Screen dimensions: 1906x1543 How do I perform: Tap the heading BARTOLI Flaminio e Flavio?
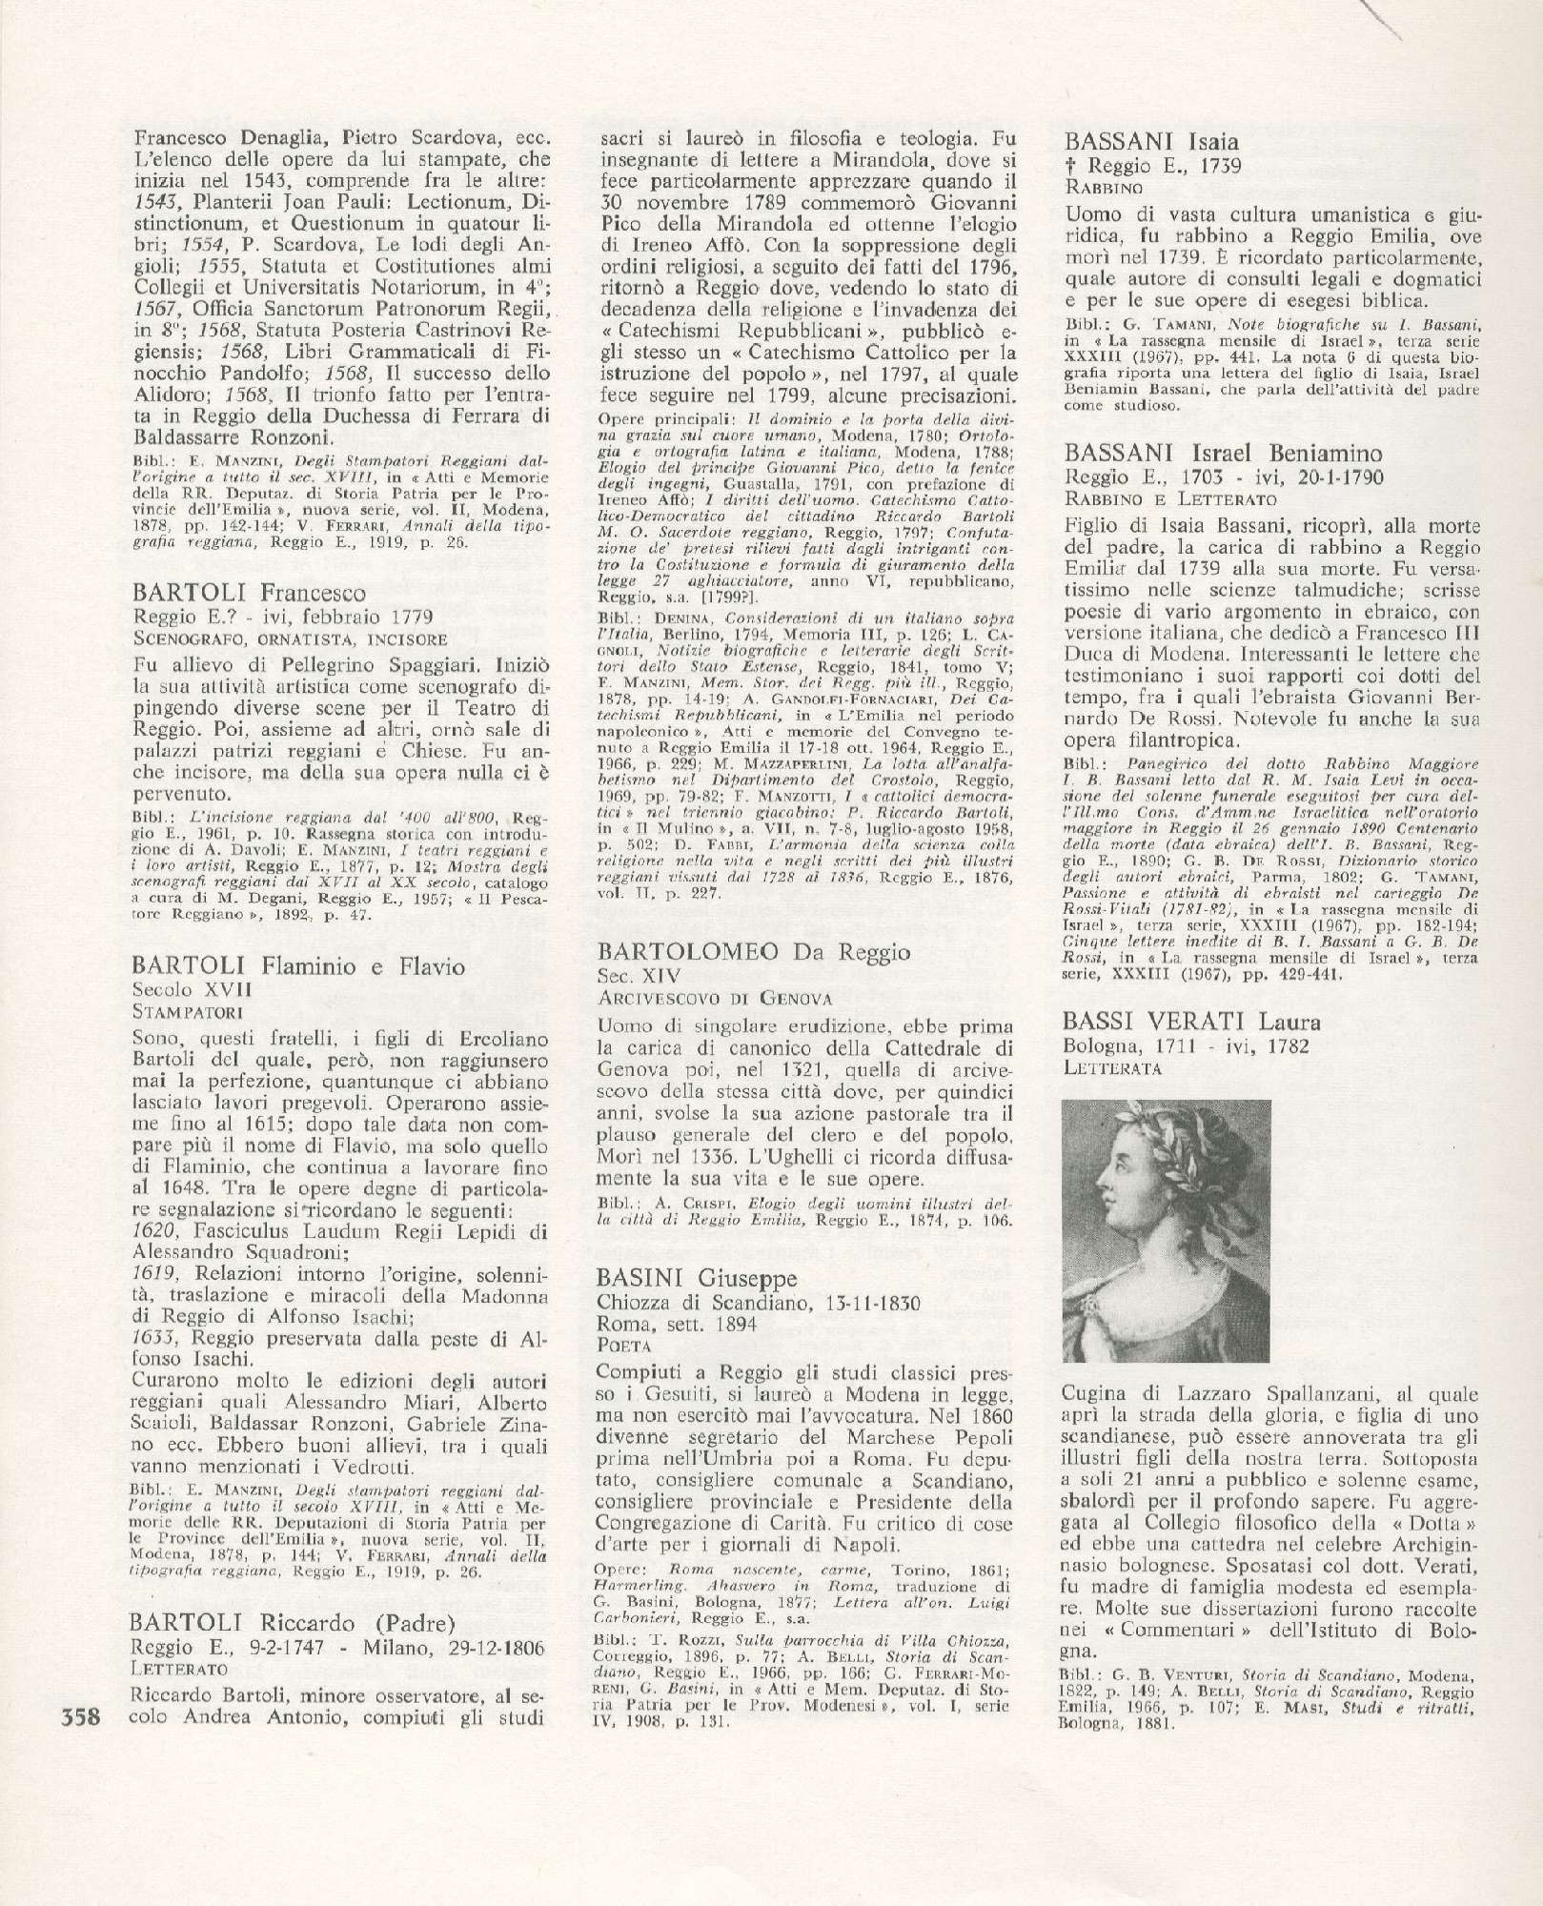pos(300,967)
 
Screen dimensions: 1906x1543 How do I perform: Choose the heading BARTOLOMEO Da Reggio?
pos(753,951)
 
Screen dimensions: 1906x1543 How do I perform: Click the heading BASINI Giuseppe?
pos(697,1278)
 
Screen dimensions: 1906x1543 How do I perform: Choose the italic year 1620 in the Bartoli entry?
pos(158,1232)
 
